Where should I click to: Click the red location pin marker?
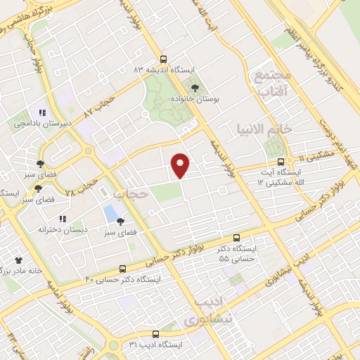[181, 165]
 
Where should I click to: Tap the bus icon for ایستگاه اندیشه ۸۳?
[163, 60]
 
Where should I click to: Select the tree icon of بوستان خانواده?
[195, 88]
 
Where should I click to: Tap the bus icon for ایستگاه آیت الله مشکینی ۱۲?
[281, 161]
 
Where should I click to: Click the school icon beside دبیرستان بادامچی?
[42, 112]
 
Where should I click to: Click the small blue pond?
[110, 212]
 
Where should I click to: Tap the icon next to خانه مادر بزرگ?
[18, 260]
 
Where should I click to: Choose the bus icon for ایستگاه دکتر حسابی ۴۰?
[123, 269]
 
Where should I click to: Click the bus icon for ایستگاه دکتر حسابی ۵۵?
[236, 238]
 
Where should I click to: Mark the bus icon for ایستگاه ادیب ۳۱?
[155, 334]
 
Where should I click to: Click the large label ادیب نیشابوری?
[208, 311]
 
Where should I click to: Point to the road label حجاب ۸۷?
[98, 108]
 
